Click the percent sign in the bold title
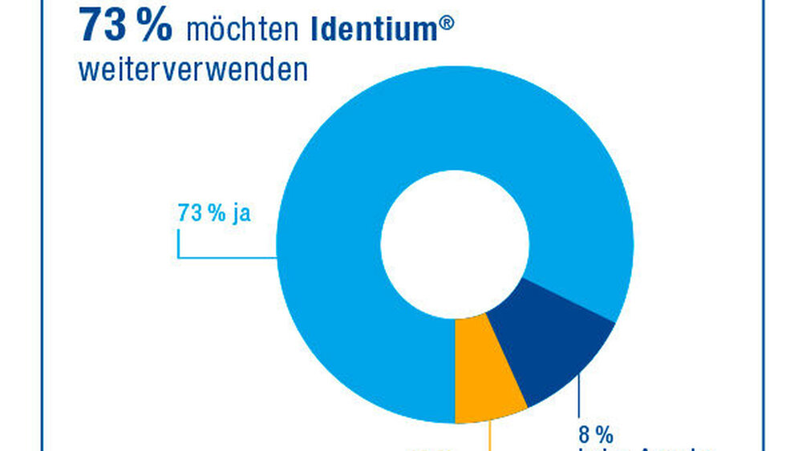(152, 26)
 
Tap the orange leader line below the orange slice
(490, 437)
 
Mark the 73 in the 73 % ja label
(188, 215)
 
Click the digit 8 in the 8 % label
(584, 436)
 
